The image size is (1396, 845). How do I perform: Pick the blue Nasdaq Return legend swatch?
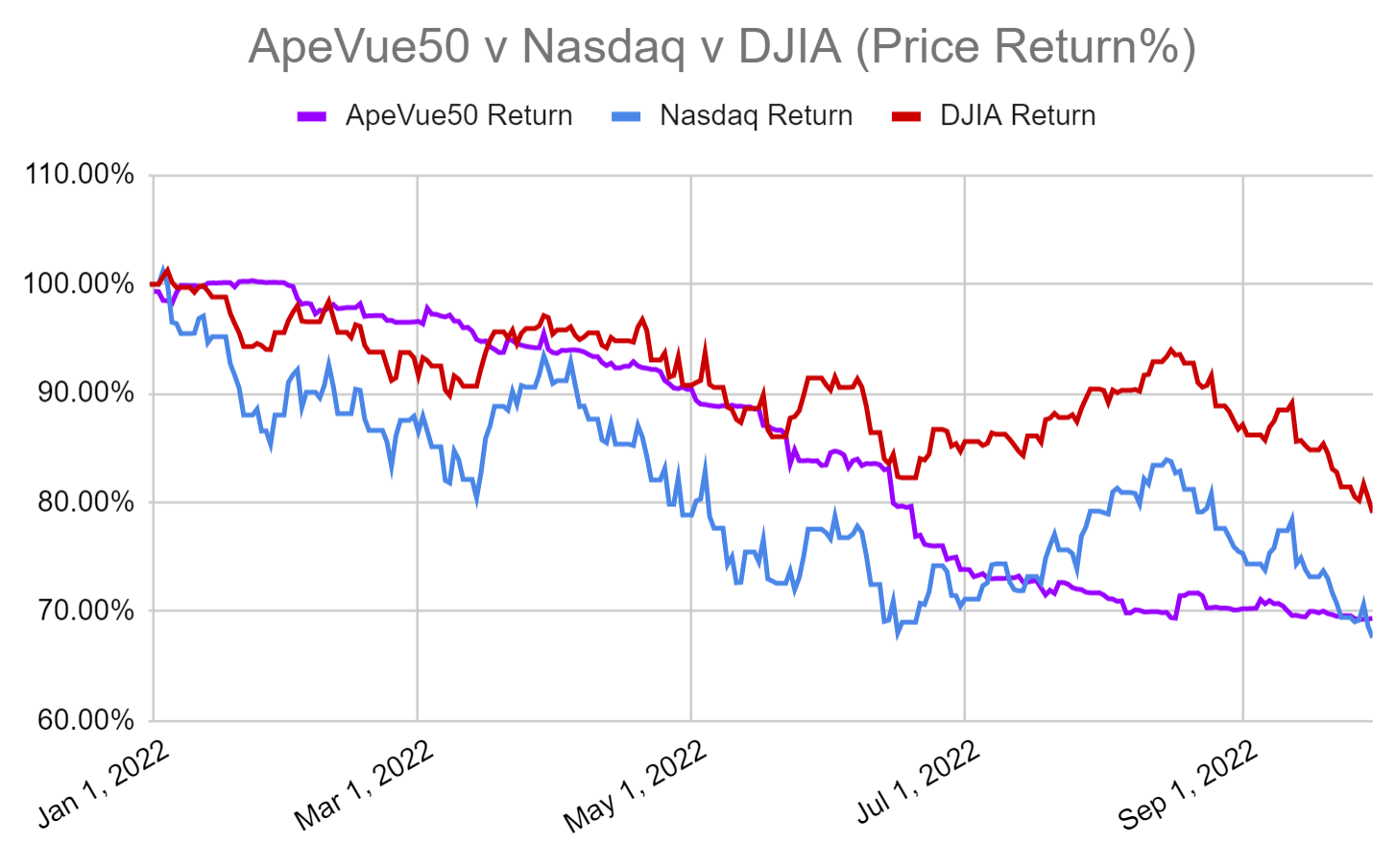(x=626, y=117)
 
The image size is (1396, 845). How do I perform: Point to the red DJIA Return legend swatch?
(x=906, y=117)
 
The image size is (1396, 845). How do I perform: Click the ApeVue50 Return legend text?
(x=459, y=116)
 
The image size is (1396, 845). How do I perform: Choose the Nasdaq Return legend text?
(x=756, y=116)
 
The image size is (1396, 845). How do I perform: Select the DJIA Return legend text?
(x=1018, y=116)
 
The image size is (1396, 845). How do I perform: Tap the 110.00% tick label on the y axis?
(x=80, y=175)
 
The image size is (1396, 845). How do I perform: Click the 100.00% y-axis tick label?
(x=80, y=284)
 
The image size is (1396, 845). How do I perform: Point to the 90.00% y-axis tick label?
(x=84, y=393)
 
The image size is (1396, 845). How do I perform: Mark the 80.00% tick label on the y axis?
(x=84, y=502)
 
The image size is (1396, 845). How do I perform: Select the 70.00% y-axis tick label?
(x=84, y=611)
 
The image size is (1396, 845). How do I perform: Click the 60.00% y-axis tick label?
(x=84, y=720)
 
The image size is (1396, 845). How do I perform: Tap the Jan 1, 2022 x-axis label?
(x=104, y=785)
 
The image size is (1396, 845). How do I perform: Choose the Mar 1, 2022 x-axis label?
(x=365, y=785)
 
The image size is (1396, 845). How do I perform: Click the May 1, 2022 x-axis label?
(x=636, y=785)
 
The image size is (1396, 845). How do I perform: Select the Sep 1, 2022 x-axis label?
(x=1188, y=785)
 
